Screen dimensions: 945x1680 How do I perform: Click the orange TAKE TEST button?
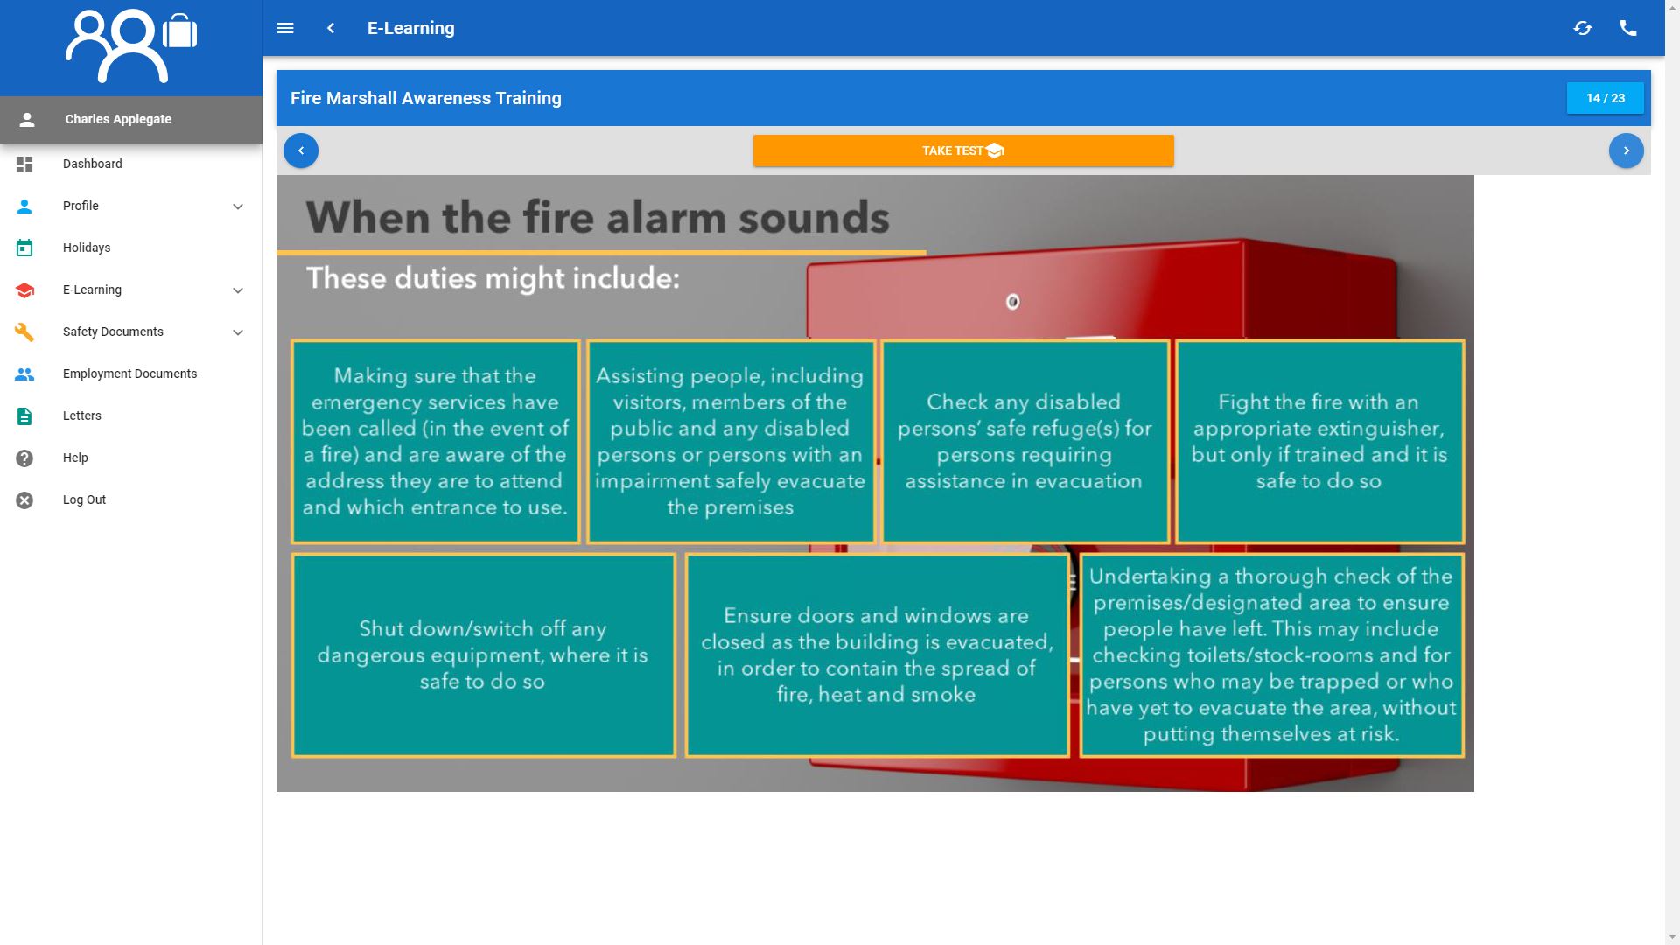point(962,150)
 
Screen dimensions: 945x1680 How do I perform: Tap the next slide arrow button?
point(1626,150)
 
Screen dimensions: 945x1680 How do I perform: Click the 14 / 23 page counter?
point(1605,98)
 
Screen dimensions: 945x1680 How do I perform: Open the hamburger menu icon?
point(285,28)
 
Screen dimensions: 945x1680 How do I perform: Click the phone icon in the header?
point(1627,28)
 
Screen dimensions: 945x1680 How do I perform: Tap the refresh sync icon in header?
point(1582,28)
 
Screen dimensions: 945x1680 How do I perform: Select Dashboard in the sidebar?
point(92,164)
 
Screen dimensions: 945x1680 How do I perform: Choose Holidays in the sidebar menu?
point(87,248)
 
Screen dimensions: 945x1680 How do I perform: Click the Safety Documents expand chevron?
point(238,332)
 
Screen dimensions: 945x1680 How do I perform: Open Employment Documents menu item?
point(129,374)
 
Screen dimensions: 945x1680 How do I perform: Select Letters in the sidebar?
point(82,416)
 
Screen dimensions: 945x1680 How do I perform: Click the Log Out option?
point(84,500)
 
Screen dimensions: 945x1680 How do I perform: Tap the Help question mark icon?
point(24,458)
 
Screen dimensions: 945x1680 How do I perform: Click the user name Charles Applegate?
point(118,119)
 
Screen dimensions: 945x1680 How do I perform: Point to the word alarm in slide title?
point(663,218)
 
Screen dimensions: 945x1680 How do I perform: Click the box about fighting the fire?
point(1319,442)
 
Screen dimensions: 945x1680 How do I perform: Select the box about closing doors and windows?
point(877,654)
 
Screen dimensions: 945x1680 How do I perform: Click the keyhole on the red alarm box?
point(1012,302)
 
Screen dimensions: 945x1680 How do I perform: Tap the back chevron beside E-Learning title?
point(331,28)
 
